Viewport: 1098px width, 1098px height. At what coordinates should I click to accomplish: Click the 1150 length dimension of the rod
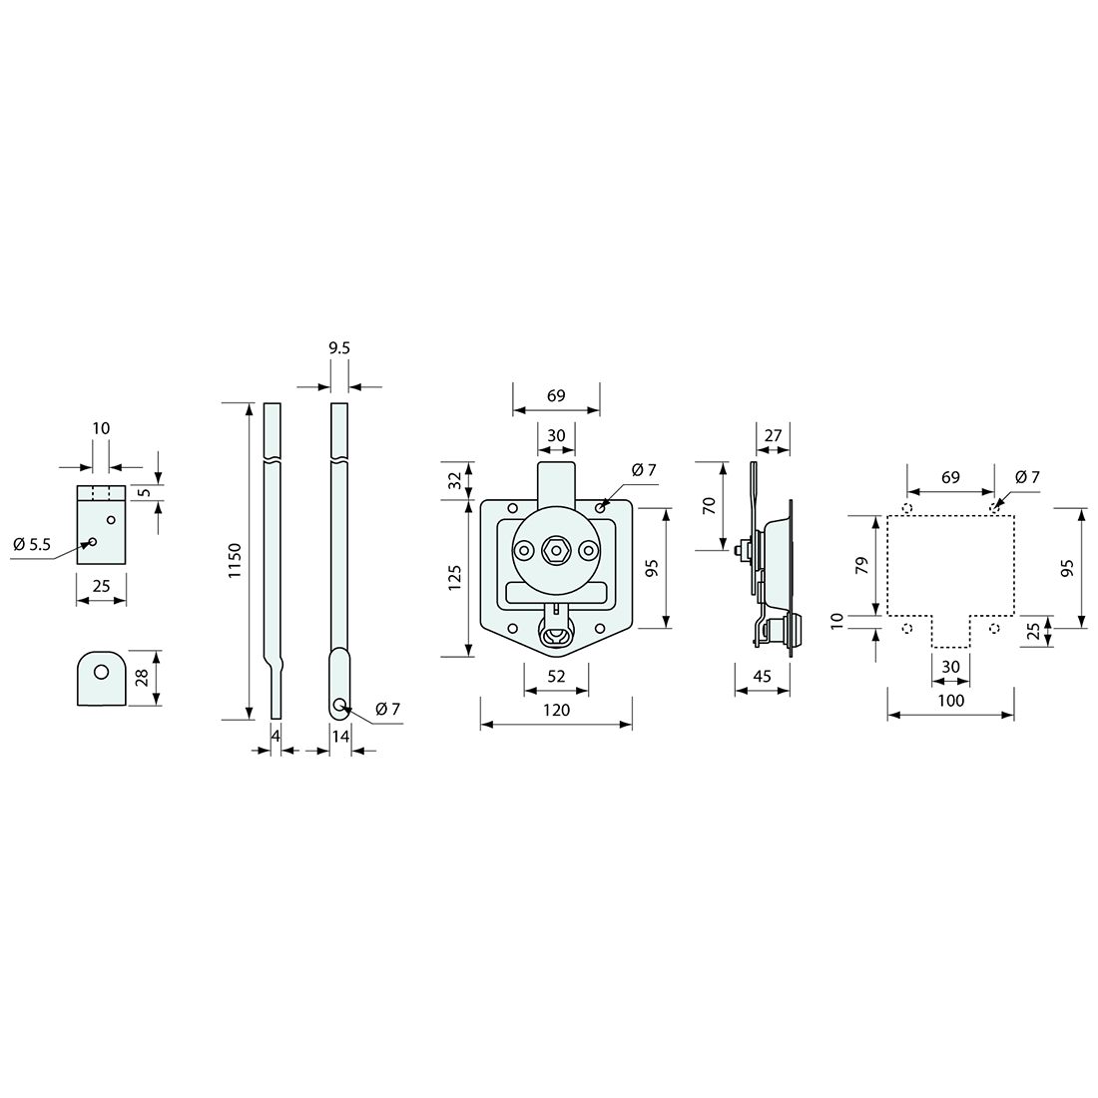[x=235, y=560]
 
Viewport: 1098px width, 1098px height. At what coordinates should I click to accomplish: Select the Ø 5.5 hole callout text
[x=32, y=544]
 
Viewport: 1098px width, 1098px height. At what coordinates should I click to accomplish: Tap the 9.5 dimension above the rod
[x=339, y=348]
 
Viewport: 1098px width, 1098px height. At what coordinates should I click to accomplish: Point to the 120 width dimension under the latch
[x=556, y=710]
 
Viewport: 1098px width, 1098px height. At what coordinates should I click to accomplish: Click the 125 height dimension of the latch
[x=454, y=578]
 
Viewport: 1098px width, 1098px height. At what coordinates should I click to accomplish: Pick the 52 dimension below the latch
[x=556, y=677]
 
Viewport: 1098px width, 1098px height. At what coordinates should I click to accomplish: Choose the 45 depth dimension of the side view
[x=762, y=676]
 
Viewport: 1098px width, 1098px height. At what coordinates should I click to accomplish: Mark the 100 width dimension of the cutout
[x=950, y=701]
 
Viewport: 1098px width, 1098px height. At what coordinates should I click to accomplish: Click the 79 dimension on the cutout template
[x=861, y=565]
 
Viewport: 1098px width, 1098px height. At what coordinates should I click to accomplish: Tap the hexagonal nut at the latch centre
[x=556, y=551]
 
